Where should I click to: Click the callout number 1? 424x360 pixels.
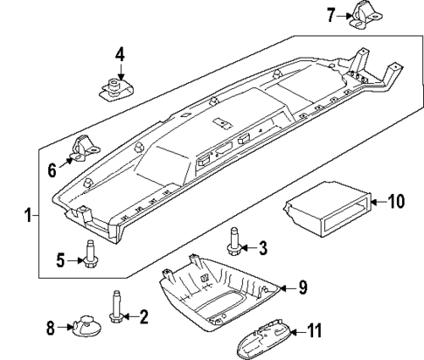pyautogui.click(x=30, y=215)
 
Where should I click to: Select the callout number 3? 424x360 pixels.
pyautogui.click(x=262, y=248)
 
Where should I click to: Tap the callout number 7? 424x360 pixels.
pyautogui.click(x=330, y=14)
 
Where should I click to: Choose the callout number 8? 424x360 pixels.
pyautogui.click(x=50, y=329)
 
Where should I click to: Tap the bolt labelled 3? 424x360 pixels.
pyautogui.click(x=234, y=241)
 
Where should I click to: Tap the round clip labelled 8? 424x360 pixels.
pyautogui.click(x=82, y=328)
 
